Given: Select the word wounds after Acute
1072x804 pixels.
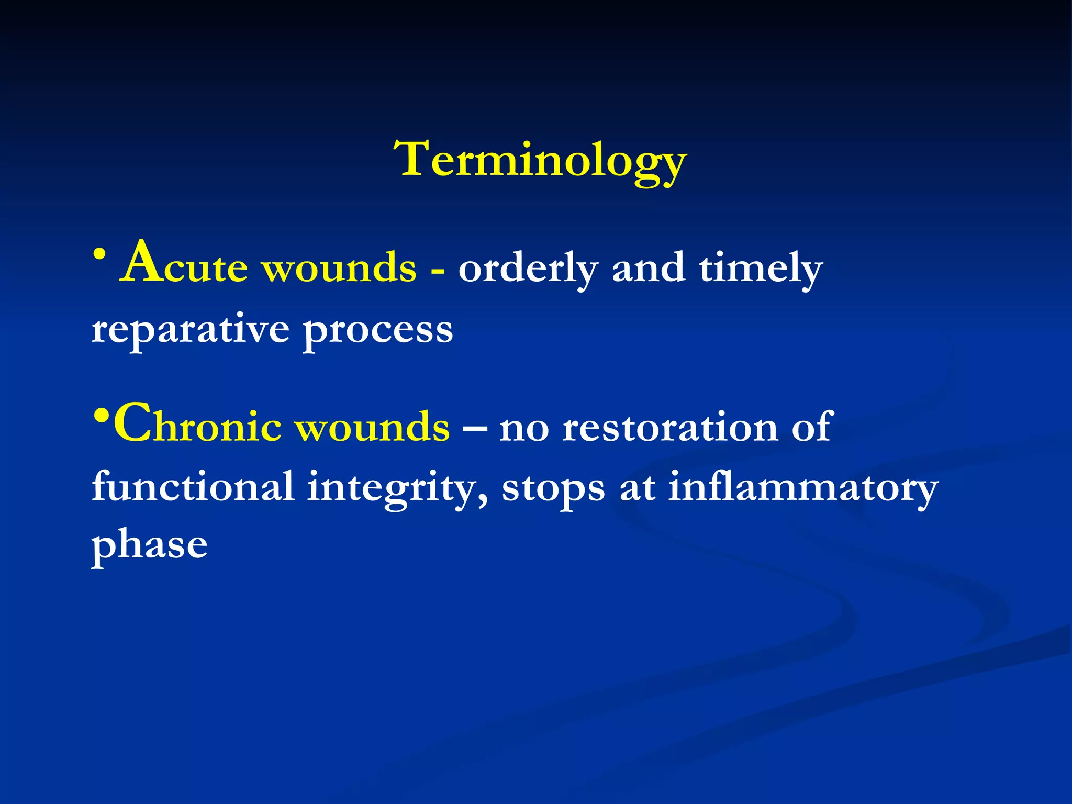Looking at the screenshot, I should pyautogui.click(x=339, y=268).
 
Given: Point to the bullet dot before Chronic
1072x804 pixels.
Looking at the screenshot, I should pyautogui.click(x=102, y=417).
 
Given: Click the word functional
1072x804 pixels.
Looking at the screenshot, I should pyautogui.click(x=193, y=487).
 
